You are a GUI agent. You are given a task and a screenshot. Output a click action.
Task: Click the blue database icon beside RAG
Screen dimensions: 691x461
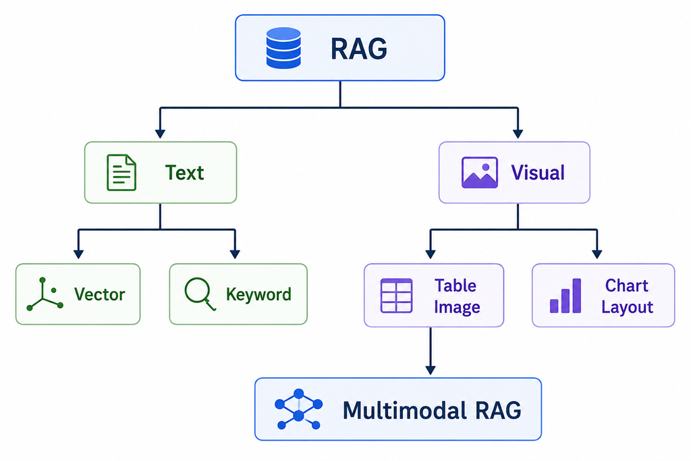coord(283,48)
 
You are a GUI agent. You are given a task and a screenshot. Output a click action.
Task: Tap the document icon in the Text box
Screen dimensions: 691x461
coord(121,172)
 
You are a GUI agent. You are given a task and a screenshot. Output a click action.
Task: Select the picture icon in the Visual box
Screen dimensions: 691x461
coord(480,172)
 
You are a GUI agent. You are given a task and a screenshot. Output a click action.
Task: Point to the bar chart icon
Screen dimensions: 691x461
coord(565,296)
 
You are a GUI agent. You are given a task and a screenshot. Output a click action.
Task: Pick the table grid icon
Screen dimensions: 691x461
coord(396,296)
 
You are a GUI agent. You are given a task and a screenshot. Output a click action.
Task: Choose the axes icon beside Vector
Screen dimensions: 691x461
coord(45,294)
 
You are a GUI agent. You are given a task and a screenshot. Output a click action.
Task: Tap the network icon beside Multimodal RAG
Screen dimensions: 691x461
coord(298,409)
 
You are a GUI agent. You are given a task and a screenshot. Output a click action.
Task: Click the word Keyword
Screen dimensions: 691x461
coord(258,294)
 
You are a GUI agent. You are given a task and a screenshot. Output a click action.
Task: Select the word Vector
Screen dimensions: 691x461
coord(100,294)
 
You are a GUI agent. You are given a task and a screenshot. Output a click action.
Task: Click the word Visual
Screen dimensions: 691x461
coord(538,173)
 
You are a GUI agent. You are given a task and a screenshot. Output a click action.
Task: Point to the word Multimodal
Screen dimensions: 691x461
coord(405,410)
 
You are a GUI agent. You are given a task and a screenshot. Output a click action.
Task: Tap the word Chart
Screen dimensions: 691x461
coord(626,286)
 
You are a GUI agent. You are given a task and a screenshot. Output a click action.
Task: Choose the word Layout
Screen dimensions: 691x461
coord(627,307)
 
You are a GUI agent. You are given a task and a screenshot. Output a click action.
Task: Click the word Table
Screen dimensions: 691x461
coord(455,286)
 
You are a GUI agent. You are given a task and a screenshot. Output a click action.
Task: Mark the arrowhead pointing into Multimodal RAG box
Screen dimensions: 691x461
coord(431,370)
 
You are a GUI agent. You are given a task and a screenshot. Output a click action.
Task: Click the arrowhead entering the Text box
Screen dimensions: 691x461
coord(161,134)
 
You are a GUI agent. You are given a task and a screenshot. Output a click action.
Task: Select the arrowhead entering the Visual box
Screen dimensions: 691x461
coord(518,134)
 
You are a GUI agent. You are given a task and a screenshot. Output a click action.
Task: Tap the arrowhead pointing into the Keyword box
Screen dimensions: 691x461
coord(235,254)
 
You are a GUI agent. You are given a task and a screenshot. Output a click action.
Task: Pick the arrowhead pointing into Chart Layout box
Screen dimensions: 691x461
coord(597,254)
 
